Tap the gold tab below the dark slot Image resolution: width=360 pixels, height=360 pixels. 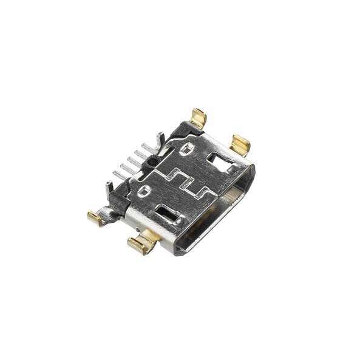coord(142,245)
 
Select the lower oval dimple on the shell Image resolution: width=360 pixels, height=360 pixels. coord(144,193)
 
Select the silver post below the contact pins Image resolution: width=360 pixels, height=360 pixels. coord(110,185)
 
